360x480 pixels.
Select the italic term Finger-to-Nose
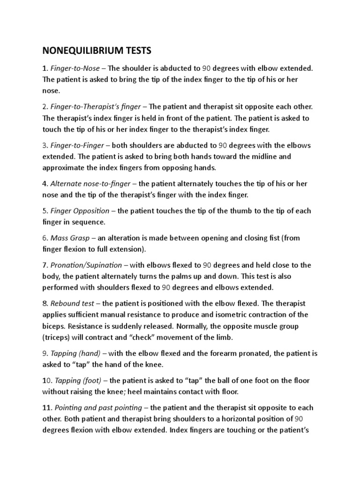coord(72,68)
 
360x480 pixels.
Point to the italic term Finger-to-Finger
coord(75,146)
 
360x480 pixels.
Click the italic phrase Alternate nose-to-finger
coord(89,183)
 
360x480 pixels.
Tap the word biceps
coord(53,325)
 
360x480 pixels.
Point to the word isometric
coord(242,314)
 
